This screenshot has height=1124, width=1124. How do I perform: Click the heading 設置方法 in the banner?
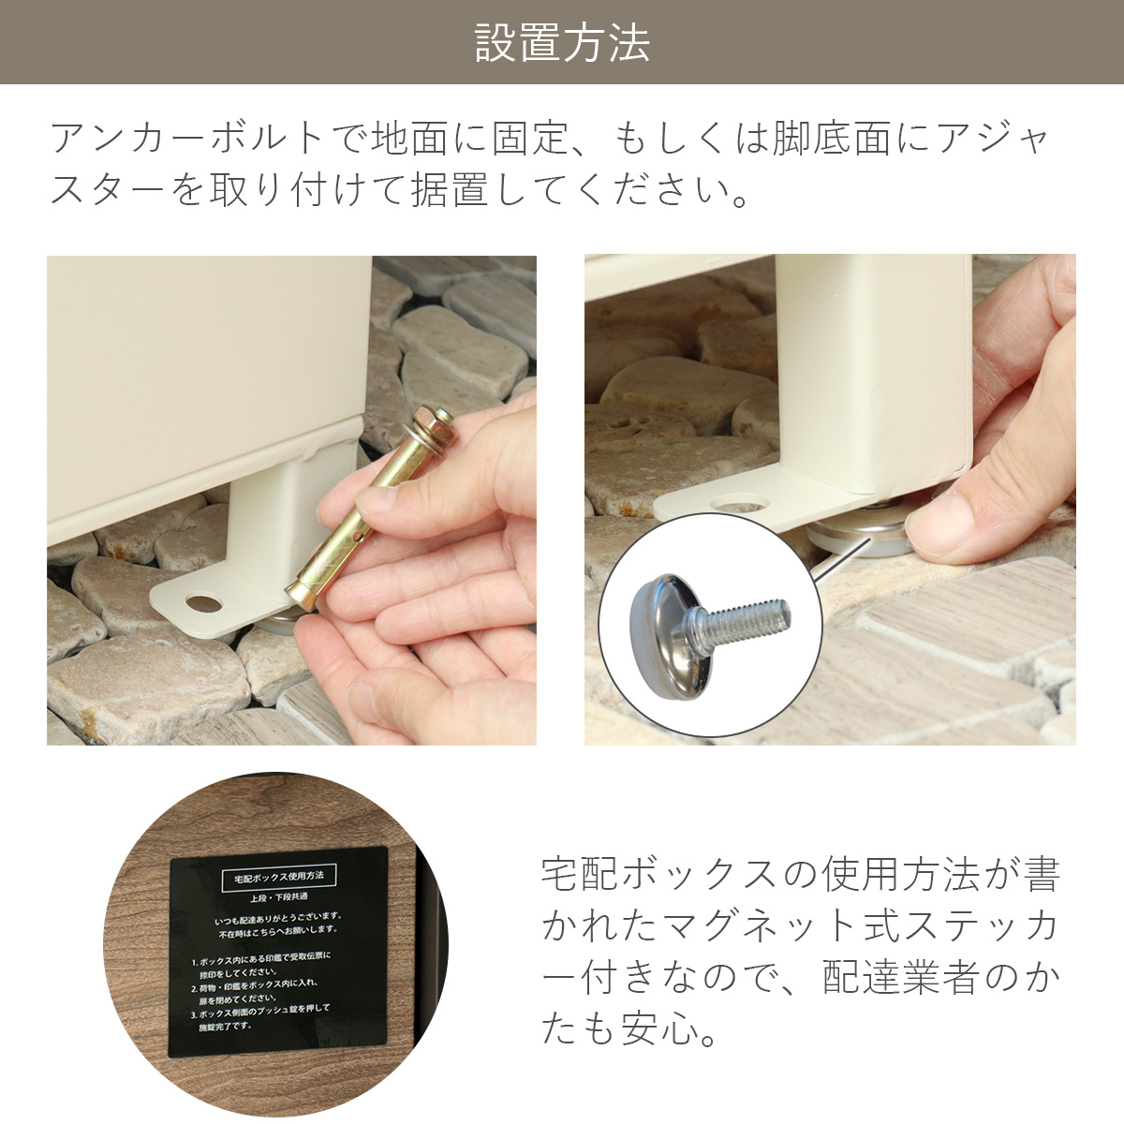(562, 43)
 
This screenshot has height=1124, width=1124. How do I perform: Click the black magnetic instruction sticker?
(278, 953)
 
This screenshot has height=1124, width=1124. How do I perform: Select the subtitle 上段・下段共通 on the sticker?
(278, 896)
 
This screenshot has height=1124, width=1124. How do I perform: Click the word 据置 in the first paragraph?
(450, 190)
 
